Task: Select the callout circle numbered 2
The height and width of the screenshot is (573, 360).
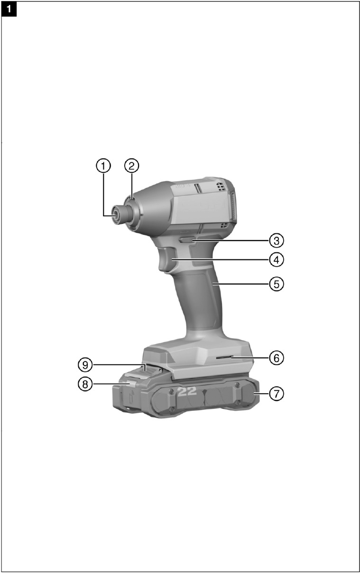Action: click(x=132, y=166)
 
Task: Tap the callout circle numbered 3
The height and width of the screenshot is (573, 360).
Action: click(x=277, y=240)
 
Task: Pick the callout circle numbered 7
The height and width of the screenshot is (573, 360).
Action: click(x=277, y=394)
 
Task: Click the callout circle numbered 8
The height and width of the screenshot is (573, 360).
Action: click(x=85, y=384)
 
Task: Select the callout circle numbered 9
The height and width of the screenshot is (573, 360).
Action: click(x=85, y=365)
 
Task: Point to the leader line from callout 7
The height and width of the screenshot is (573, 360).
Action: click(x=264, y=394)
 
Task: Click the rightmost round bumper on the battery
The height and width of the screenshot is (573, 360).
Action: click(x=248, y=393)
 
